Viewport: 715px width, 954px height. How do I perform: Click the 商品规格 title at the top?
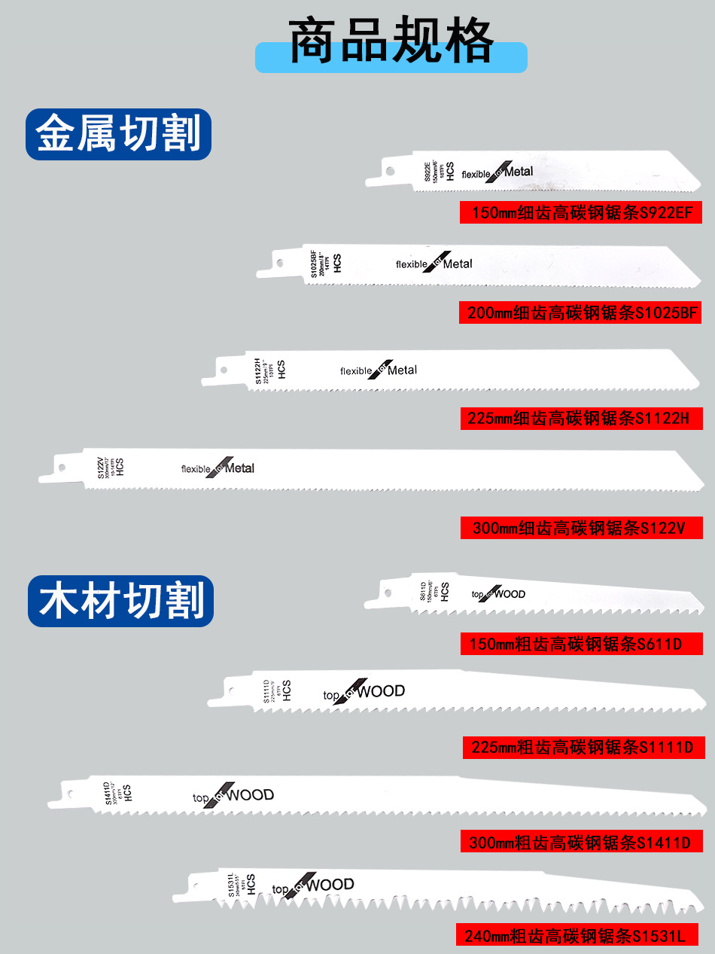391,41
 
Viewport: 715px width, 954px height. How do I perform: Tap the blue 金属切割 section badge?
119,134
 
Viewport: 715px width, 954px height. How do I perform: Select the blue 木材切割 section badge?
121,600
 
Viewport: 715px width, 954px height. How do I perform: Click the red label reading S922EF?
581,213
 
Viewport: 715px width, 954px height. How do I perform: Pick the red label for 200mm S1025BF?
580,312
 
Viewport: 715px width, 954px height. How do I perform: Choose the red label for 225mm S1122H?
581,418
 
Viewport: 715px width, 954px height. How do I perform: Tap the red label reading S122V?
581,528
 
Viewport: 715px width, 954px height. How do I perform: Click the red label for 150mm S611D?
581,644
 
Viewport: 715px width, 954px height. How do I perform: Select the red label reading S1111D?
583,747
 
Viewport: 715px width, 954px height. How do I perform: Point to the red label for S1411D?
581,841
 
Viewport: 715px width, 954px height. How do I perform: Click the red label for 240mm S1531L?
577,936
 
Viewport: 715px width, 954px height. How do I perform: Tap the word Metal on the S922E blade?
519,172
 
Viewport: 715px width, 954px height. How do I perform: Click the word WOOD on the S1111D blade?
381,691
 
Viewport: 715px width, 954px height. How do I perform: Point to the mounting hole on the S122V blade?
62,468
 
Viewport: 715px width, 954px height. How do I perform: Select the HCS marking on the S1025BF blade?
338,264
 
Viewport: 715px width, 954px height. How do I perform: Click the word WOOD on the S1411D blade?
251,795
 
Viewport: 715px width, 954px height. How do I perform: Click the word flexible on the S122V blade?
196,469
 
